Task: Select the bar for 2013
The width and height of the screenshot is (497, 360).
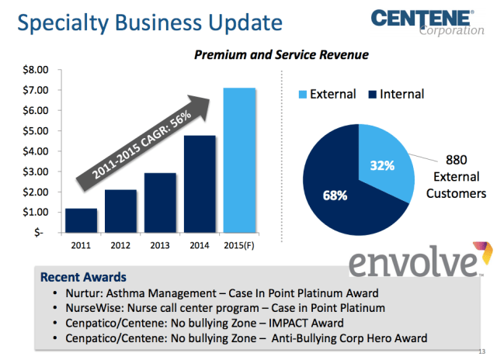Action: tap(160, 202)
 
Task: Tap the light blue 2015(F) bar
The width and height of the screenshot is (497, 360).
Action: tap(239, 160)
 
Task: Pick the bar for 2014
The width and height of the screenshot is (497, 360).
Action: tap(200, 184)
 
